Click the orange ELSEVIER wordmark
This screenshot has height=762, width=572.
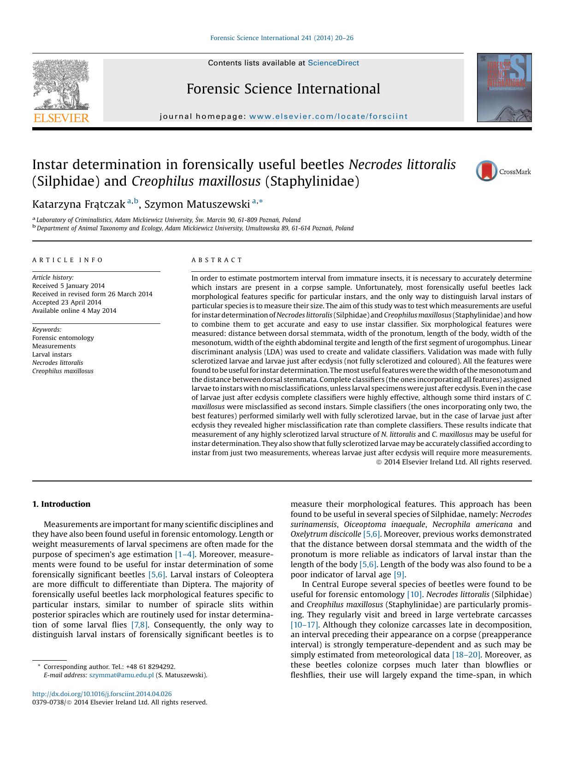[x=61, y=118]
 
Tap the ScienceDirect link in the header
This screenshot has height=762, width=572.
[x=333, y=63]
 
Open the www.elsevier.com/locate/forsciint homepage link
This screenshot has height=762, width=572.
[x=328, y=117]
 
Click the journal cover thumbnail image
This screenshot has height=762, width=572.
[x=504, y=88]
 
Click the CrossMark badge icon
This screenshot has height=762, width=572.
[x=487, y=171]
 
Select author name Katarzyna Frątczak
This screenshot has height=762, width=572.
[x=78, y=204]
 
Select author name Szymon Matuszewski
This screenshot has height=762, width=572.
[x=197, y=204]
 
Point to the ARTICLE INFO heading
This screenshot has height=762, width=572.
[x=68, y=260]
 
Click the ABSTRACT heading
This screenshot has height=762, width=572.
[x=217, y=260]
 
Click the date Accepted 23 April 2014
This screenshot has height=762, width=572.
[x=66, y=302]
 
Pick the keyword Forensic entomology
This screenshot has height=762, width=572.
[x=63, y=338]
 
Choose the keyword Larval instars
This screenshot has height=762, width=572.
[x=52, y=354]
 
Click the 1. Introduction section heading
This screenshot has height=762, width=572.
[x=61, y=504]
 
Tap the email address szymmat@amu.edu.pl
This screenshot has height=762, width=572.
[x=121, y=675]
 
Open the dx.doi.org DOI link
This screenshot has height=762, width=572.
[x=102, y=694]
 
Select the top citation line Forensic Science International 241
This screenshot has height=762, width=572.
[x=282, y=38]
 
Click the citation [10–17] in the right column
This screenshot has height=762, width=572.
[x=304, y=625]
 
